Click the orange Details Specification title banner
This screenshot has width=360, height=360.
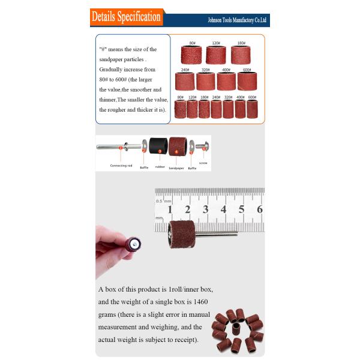[x=127, y=17]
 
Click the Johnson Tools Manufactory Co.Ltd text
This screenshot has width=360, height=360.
[x=237, y=20]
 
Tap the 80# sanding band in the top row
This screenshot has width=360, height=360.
[x=191, y=55]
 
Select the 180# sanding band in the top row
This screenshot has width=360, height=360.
[x=241, y=55]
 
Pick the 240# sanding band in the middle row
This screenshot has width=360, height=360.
[x=185, y=81]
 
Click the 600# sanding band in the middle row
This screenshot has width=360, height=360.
[x=247, y=81]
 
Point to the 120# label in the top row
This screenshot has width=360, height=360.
[x=216, y=43]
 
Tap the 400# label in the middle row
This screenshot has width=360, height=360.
[x=226, y=70]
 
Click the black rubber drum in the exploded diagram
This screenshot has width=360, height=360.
[x=158, y=146]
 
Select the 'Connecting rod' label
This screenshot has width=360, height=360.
[x=121, y=166]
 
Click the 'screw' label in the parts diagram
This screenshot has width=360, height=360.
[x=203, y=163]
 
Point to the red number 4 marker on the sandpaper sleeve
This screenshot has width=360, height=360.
[x=176, y=152]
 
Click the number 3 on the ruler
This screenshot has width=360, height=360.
[x=205, y=209]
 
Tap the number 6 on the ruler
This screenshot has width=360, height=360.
[x=260, y=209]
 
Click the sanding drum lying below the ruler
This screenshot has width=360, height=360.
[x=181, y=235]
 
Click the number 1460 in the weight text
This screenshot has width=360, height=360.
[x=200, y=302]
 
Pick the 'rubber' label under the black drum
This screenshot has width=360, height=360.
[x=160, y=167]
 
